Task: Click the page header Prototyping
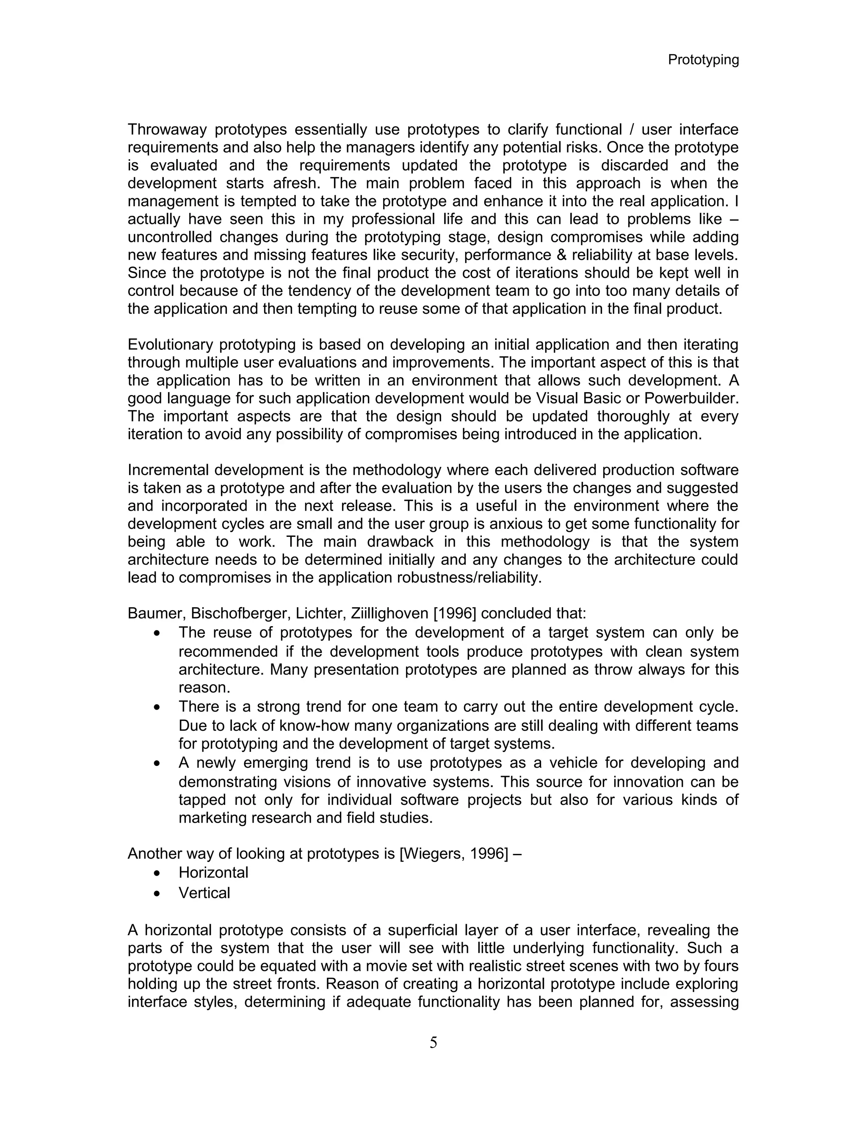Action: pyautogui.click(x=703, y=60)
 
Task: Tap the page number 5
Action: pyautogui.click(x=433, y=1042)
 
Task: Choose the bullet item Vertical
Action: pyautogui.click(x=204, y=893)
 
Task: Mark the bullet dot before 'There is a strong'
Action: pyautogui.click(x=157, y=708)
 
